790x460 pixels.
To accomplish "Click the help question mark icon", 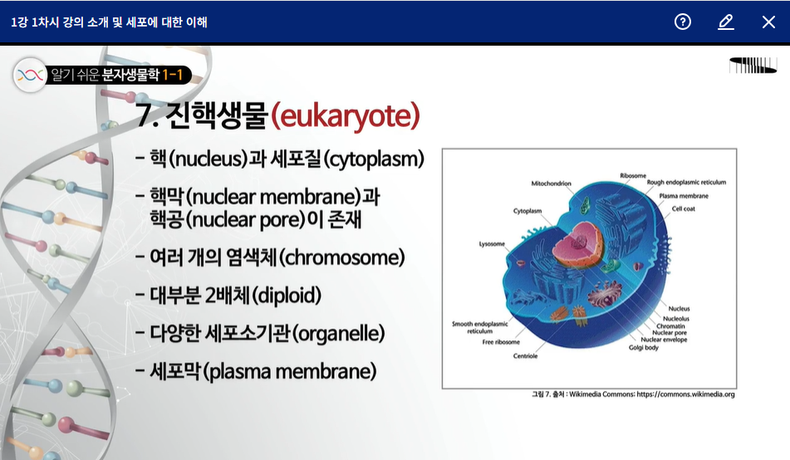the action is tap(683, 22).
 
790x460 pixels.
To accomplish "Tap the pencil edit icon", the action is tap(725, 22).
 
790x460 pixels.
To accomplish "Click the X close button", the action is tap(768, 22).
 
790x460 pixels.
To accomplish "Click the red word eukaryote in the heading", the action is tap(346, 116).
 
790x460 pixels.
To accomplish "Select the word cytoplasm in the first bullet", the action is tap(373, 159).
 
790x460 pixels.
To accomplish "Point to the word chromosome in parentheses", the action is tap(341, 257).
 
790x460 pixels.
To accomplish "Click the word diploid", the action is tap(286, 296).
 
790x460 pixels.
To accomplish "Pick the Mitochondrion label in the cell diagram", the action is tap(552, 184).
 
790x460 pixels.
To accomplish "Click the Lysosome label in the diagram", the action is tap(492, 244).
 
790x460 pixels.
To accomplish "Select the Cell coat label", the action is tap(683, 208).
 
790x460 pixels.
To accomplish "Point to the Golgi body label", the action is tap(644, 348).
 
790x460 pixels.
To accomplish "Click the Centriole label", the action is tap(525, 355).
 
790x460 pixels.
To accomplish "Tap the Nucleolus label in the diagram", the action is tap(676, 318).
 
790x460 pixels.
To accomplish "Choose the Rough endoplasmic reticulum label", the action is tap(686, 182).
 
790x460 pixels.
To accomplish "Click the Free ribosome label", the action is tap(501, 342).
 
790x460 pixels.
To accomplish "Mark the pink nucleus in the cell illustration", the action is tap(578, 243).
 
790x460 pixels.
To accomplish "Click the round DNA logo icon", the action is tap(30, 75).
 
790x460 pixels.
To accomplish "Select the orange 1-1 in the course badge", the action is tap(172, 75).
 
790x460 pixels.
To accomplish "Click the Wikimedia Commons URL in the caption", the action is tap(685, 394).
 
